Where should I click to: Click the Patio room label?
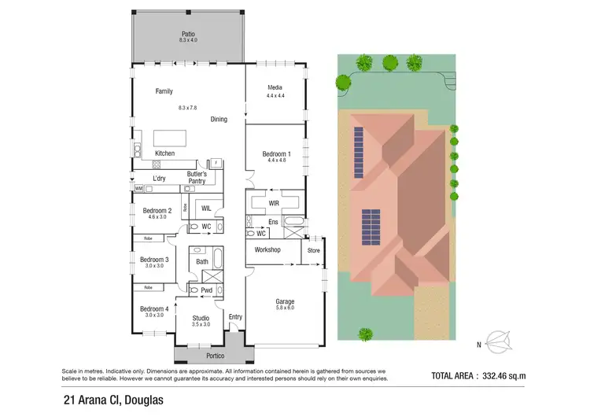[188, 35]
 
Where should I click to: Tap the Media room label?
[275, 87]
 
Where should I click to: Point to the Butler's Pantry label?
[197, 177]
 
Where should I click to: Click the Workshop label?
[267, 249]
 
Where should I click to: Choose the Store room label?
[313, 250]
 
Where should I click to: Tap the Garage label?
[284, 301]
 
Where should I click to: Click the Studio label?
[201, 317]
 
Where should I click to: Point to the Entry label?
[234, 317]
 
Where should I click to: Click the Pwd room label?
[207, 290]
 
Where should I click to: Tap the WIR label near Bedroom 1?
[274, 203]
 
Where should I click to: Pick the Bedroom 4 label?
[154, 308]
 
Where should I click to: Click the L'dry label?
[160, 178]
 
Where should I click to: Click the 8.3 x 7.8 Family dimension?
[189, 107]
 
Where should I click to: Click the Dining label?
[219, 120]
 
